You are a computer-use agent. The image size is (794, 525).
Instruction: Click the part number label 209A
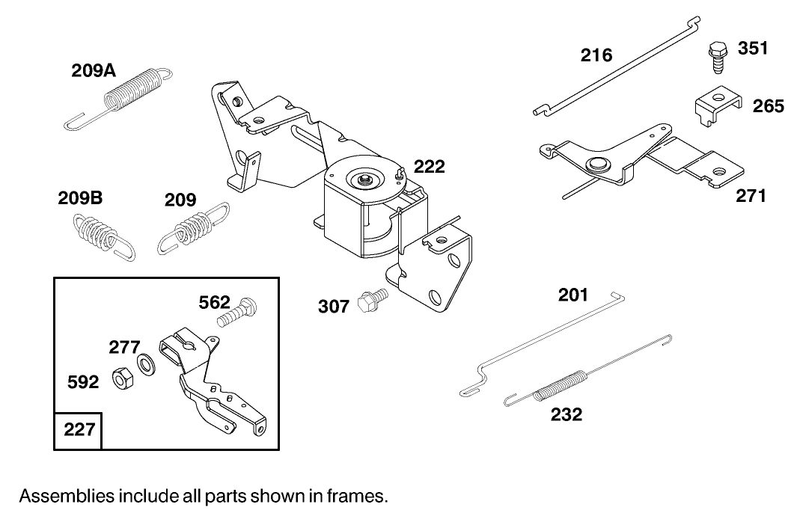(x=94, y=72)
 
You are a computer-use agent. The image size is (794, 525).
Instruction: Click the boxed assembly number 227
(x=79, y=429)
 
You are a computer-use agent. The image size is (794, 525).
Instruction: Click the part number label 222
(x=429, y=167)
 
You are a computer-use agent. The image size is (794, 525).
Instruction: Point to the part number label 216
(x=596, y=55)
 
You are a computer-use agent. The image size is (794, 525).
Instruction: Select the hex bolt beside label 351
(x=715, y=56)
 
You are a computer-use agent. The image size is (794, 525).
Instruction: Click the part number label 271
(x=751, y=196)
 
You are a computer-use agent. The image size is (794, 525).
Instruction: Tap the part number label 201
(x=573, y=295)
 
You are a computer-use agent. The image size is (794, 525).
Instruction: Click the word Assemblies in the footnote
(x=66, y=496)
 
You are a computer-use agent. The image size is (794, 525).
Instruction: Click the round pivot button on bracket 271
(x=597, y=165)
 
